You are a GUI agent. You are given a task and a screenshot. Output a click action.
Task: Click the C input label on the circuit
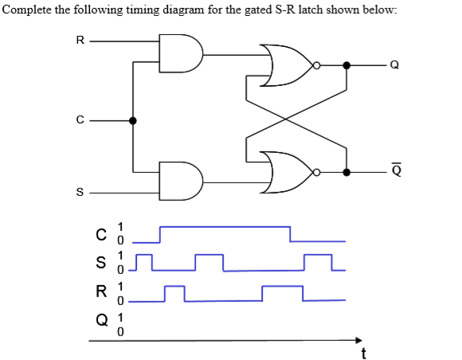78,121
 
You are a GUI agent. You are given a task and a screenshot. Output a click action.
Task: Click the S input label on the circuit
78,192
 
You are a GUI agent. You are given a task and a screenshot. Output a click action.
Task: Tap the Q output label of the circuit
393,66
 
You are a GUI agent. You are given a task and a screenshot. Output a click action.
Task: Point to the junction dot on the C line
133,121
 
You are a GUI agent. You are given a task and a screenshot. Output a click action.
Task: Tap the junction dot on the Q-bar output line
346,171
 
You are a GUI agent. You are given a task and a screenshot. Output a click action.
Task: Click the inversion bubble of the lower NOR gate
316,171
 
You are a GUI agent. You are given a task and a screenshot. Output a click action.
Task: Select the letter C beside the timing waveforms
100,234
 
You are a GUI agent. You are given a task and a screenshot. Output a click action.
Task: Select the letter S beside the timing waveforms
100,263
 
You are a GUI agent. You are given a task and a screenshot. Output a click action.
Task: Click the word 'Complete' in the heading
28,9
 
